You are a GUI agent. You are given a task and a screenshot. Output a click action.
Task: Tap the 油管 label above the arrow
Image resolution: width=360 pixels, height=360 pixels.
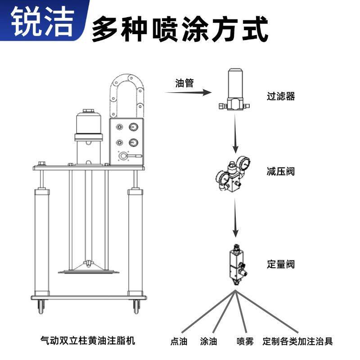point(184,83)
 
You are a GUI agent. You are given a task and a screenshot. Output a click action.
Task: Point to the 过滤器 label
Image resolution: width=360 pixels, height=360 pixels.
point(281,96)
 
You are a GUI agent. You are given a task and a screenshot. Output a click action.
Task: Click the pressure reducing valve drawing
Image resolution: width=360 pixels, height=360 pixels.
point(234,173)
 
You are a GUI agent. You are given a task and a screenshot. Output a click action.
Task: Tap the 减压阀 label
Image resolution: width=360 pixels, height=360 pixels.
point(281,171)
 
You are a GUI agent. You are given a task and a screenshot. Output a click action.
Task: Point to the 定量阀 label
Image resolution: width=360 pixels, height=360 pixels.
point(281,264)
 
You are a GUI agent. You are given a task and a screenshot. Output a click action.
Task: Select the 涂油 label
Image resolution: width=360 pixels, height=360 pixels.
point(209,341)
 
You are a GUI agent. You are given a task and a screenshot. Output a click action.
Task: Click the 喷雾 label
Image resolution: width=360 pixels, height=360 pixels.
point(245,341)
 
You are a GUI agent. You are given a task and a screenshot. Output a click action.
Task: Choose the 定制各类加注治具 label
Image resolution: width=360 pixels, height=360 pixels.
point(298,341)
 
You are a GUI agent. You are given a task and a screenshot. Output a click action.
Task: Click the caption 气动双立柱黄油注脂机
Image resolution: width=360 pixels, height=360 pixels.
point(87,341)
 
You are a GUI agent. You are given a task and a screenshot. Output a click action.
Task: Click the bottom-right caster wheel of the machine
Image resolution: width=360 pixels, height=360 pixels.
point(136,308)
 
